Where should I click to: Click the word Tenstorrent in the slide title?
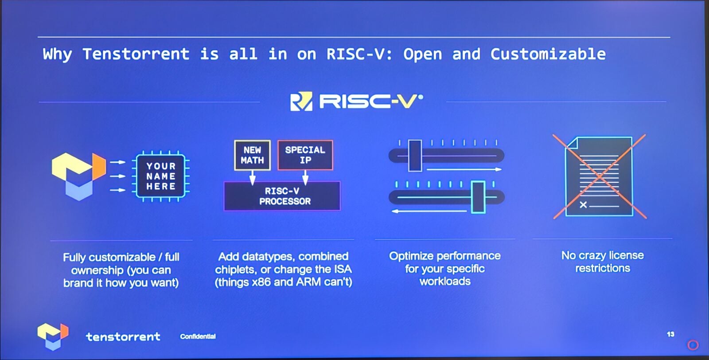(136, 54)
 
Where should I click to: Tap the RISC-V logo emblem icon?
(301, 102)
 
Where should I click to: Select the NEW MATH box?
(252, 155)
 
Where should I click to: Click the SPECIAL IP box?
(305, 155)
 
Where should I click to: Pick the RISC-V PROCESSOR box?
(282, 196)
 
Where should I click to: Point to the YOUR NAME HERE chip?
(161, 176)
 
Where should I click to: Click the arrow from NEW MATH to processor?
(252, 178)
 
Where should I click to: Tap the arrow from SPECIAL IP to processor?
(305, 178)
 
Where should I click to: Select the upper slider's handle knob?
(415, 156)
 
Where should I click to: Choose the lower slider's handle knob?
(478, 197)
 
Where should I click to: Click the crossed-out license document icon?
(600, 176)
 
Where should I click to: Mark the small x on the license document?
(583, 205)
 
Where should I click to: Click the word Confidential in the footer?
(198, 336)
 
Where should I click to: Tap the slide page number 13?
(670, 334)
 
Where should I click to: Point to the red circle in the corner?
(693, 345)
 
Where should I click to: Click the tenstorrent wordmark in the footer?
(123, 337)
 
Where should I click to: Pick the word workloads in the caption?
(445, 281)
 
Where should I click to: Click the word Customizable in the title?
(548, 54)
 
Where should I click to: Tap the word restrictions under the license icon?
(603, 268)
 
